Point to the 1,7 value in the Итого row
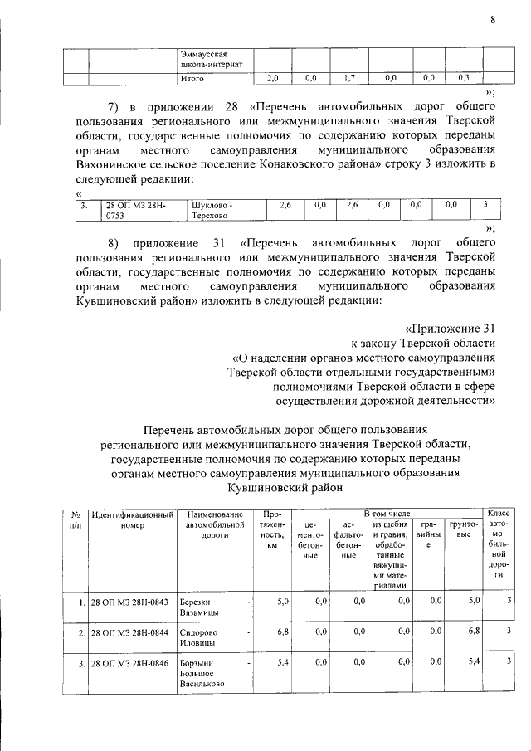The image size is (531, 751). tap(349, 79)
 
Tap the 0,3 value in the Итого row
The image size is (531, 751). tap(464, 79)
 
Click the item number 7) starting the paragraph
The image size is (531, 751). tap(119, 110)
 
